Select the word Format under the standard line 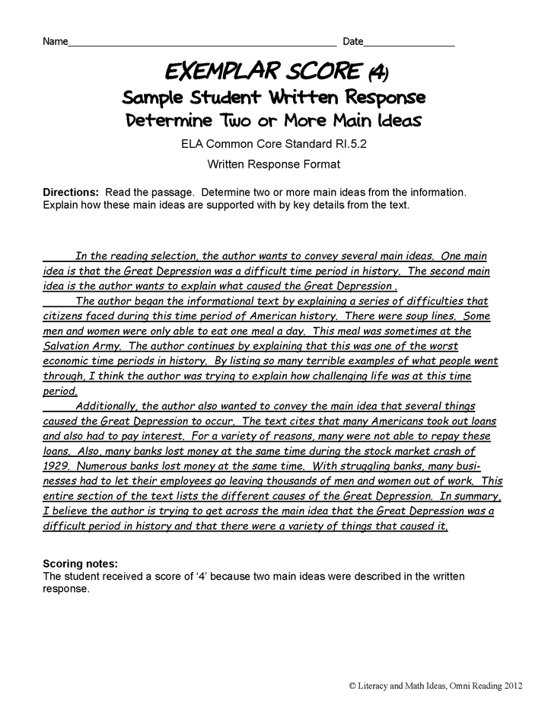pos(319,163)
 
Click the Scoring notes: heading pos(81,564)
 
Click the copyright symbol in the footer pos(352,686)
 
